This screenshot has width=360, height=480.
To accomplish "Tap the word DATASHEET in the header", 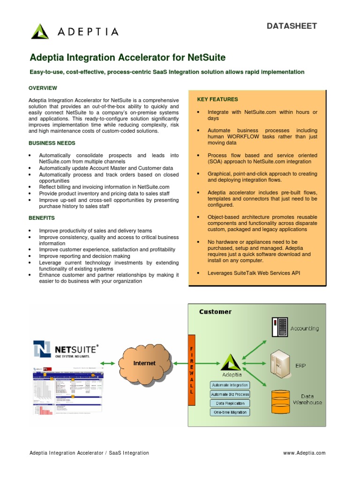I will [x=292, y=26].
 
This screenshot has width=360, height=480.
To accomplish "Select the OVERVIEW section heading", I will [x=43, y=88].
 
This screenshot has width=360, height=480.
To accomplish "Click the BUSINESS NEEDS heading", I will [x=52, y=143].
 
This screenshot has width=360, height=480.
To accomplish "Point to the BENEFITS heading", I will [x=42, y=218].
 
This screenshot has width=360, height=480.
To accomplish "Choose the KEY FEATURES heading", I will [x=217, y=99].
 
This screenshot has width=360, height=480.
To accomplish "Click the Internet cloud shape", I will [x=145, y=363].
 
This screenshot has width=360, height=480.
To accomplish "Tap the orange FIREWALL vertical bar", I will [x=191, y=370].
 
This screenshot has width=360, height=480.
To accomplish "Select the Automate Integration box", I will [x=230, y=385].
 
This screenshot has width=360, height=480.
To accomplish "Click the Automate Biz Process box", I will [x=230, y=394].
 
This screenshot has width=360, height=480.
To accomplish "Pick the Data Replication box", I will [x=230, y=403].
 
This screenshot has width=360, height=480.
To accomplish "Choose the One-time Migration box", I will [x=230, y=412].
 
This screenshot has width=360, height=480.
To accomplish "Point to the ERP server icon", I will [x=280, y=363].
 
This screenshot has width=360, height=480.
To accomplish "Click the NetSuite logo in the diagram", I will [x=66, y=350].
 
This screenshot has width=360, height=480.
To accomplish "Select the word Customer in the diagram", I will [x=215, y=312].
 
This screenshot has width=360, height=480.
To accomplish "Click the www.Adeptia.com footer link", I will [x=304, y=453].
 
